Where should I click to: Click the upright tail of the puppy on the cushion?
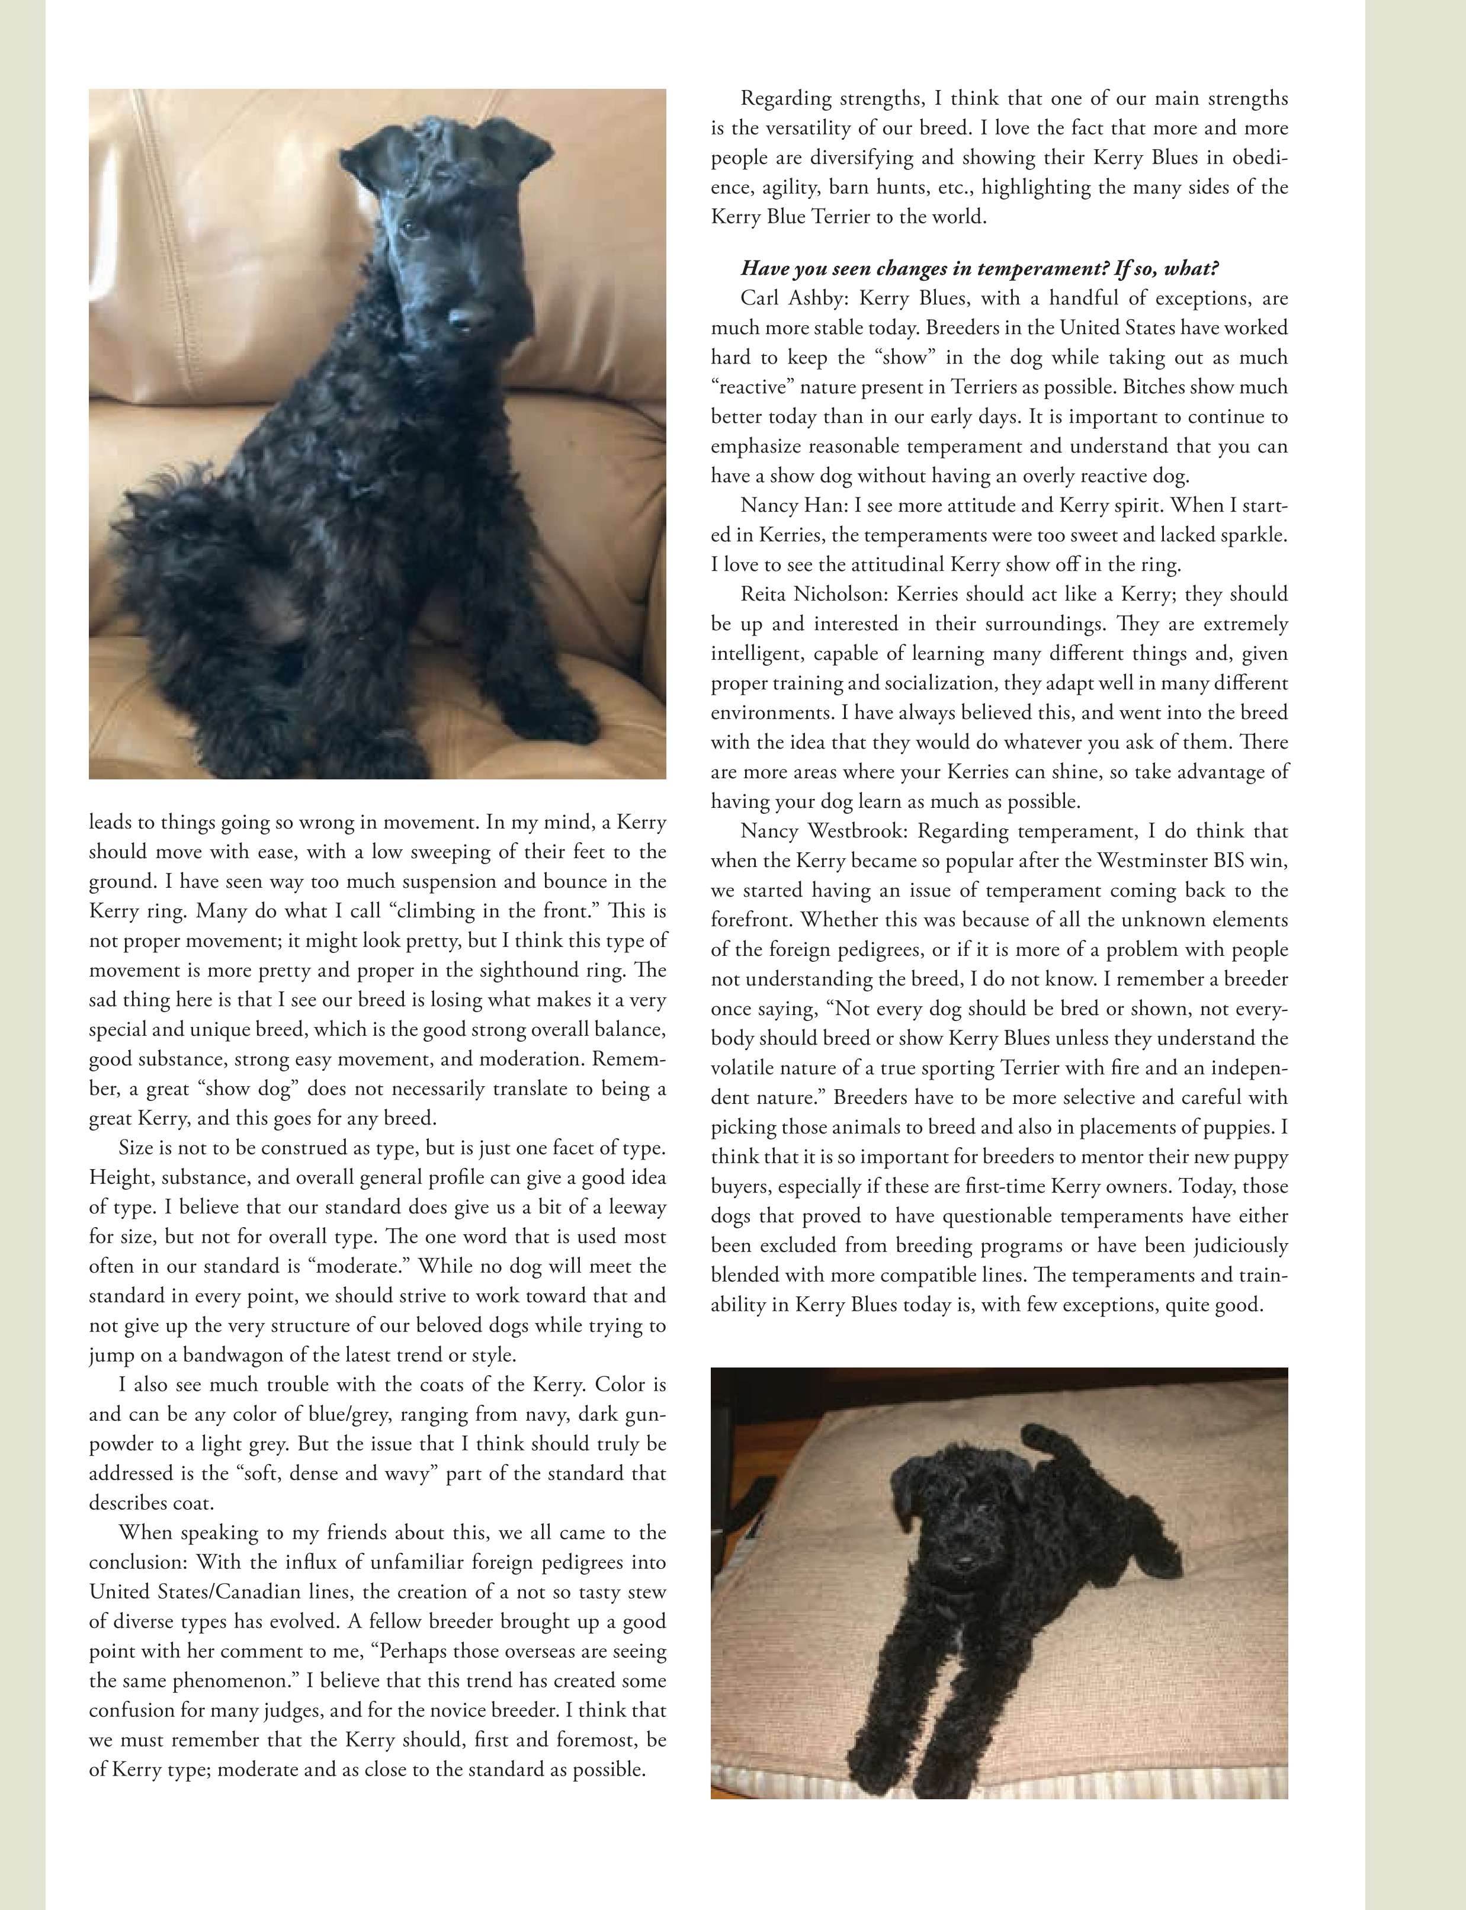(x=1048, y=1447)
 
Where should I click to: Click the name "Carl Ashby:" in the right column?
(x=794, y=298)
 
